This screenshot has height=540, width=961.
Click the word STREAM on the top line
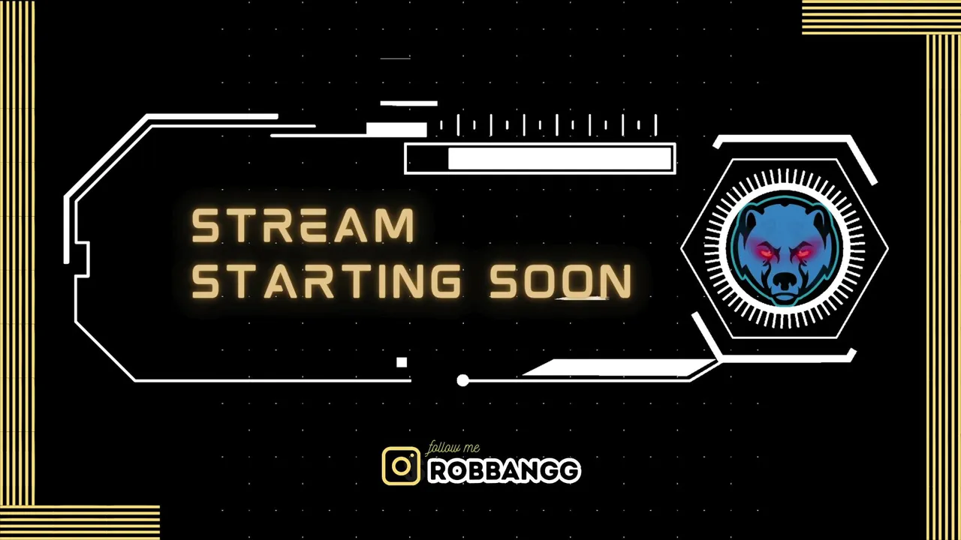[303, 226]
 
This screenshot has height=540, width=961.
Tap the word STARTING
[326, 281]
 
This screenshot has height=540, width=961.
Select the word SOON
[561, 281]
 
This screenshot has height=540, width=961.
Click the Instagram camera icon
[401, 466]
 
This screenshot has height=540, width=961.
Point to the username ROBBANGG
[505, 471]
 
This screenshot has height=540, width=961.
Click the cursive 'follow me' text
[452, 448]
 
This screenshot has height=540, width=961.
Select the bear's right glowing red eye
[803, 253]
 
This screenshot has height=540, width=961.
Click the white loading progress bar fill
[560, 158]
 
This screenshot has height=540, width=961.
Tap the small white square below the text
[402, 362]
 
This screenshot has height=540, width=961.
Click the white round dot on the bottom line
[462, 380]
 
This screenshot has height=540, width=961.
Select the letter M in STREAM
[398, 226]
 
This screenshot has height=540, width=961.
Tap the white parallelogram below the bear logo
[620, 367]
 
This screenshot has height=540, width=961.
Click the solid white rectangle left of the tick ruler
[396, 130]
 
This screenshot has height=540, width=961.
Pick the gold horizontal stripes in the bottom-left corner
[80, 523]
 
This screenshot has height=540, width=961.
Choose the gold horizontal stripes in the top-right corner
[881, 17]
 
